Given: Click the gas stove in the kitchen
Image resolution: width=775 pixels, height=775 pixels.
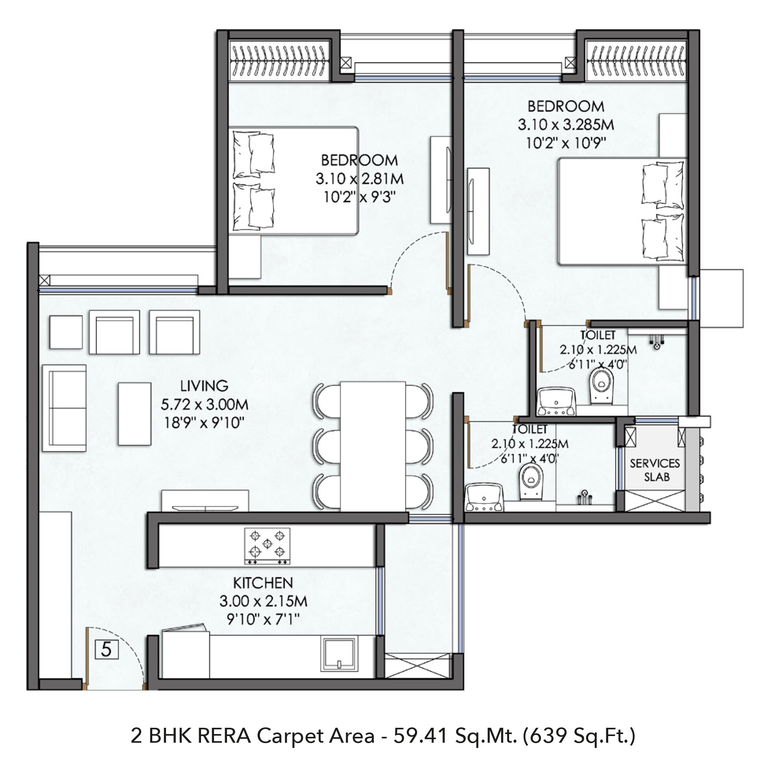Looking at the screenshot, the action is click(x=267, y=546).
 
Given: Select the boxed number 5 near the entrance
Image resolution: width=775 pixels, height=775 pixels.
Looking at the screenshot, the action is click(x=106, y=649).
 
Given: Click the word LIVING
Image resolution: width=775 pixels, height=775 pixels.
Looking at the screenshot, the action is click(x=204, y=386).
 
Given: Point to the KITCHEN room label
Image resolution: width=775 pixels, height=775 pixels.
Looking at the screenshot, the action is click(x=263, y=583).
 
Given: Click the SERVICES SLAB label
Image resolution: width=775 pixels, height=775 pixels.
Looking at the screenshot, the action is click(x=655, y=470).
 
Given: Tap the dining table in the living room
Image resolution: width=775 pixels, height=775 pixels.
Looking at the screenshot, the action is click(x=373, y=446).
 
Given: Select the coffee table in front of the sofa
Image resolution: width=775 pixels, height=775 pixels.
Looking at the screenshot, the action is click(x=135, y=414).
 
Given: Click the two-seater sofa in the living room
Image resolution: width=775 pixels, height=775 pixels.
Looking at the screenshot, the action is click(x=64, y=408).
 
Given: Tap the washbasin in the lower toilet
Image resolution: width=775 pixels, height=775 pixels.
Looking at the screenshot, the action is click(x=484, y=498).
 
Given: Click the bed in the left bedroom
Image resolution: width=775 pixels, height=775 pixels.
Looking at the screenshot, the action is click(x=293, y=181).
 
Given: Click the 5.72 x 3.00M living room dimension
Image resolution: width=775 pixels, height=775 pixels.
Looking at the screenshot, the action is click(x=205, y=404).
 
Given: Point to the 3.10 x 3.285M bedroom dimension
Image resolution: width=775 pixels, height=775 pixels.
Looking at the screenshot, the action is click(x=566, y=125).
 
